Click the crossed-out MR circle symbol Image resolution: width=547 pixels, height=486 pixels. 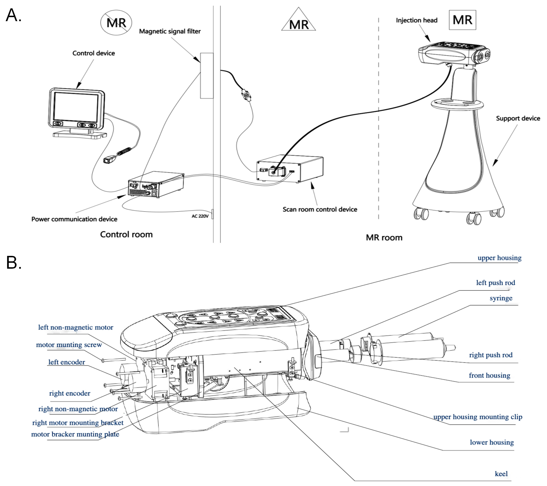point(116,22)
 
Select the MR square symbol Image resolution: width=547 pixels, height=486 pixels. point(462,20)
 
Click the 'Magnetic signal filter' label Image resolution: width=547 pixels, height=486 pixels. point(170,31)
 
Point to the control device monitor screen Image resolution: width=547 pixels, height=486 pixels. point(76,107)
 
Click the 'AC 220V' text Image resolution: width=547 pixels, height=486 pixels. point(200,216)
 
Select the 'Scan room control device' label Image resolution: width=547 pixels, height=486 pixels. point(320,209)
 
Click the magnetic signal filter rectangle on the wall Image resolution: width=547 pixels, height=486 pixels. point(207,76)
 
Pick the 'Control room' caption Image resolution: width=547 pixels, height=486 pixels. point(126,234)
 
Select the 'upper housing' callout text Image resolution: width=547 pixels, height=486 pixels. point(499,258)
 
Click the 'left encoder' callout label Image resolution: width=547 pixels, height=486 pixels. point(66,362)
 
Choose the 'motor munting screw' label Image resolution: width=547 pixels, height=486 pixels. point(69,345)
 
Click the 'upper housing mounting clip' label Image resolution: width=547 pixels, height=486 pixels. point(478,417)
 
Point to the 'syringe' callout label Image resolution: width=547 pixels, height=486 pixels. point(501,298)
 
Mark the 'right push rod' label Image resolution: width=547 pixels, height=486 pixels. point(491,355)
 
